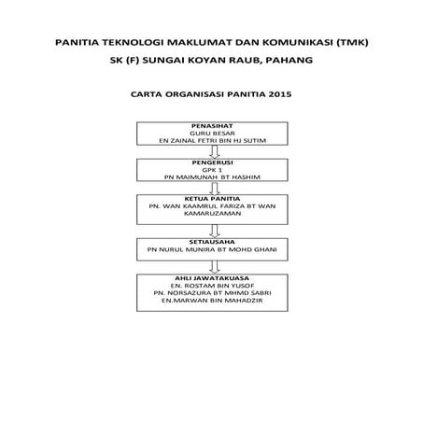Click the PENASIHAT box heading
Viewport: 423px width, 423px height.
click(211, 124)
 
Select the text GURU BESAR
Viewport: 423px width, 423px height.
click(211, 132)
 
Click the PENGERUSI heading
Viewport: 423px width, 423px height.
click(211, 162)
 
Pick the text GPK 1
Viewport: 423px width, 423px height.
click(211, 170)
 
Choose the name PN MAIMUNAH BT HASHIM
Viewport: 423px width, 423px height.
click(211, 177)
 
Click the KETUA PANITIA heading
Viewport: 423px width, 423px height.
click(211, 199)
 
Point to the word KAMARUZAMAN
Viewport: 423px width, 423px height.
click(211, 214)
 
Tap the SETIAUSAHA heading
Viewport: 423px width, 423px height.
click(211, 242)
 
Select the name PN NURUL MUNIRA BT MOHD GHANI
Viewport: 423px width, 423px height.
click(211, 250)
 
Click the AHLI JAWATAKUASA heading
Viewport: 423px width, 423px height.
click(211, 276)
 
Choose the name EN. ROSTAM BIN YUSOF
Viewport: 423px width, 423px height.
click(211, 285)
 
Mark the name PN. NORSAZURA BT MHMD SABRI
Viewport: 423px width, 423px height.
click(211, 292)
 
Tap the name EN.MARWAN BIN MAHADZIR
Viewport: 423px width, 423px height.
click(211, 301)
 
